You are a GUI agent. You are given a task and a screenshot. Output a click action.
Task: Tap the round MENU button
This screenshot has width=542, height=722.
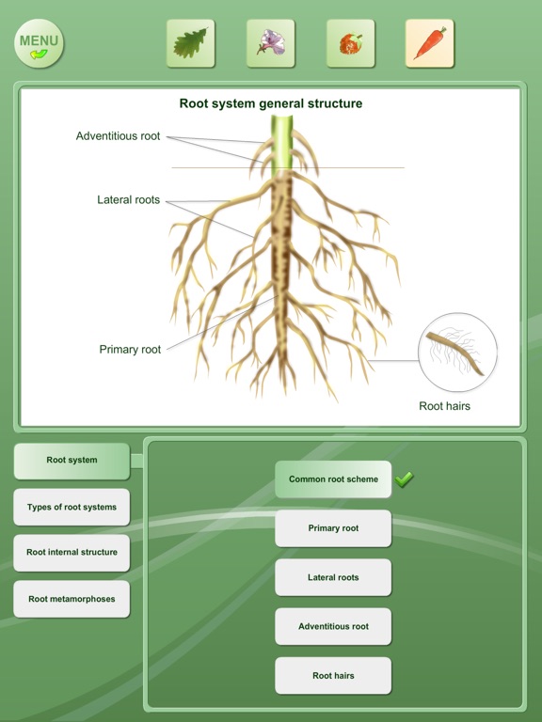click(40, 44)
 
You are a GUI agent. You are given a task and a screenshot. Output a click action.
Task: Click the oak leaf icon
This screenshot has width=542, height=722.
click(190, 43)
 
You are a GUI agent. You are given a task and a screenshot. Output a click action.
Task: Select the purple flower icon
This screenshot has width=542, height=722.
click(271, 43)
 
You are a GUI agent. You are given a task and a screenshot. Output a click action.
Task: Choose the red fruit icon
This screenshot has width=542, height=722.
click(351, 43)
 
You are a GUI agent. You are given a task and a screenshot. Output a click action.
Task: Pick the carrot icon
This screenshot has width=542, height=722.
click(429, 43)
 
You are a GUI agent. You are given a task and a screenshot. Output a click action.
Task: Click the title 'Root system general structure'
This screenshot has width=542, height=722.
click(271, 103)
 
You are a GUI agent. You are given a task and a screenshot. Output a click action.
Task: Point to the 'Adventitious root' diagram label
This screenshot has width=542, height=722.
click(118, 135)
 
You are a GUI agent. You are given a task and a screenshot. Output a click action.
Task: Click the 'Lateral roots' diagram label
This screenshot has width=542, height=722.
click(128, 200)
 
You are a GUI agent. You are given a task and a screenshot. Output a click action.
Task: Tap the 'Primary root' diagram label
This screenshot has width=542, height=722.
click(130, 350)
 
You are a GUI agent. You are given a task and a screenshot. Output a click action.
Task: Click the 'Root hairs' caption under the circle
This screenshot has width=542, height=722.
click(444, 406)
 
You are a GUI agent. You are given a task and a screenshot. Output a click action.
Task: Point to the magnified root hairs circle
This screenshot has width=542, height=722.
click(457, 353)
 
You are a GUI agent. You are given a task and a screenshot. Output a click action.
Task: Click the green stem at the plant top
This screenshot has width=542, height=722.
click(281, 145)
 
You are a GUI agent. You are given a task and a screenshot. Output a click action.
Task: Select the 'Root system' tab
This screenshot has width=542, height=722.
click(72, 461)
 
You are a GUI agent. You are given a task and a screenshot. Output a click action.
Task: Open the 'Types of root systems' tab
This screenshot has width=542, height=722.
click(72, 507)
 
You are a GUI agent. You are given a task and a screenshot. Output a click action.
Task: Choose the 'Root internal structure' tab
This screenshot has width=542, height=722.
click(72, 553)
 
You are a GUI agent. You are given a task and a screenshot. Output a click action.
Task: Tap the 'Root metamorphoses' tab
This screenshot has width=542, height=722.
click(72, 599)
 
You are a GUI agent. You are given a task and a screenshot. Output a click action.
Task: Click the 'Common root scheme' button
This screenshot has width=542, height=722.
click(333, 479)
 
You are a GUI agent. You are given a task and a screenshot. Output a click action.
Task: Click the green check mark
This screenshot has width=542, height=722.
click(404, 479)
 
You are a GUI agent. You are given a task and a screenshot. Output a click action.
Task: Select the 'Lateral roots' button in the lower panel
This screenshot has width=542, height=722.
click(333, 577)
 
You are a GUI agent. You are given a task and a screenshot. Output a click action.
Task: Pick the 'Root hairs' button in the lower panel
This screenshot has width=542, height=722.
click(333, 676)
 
